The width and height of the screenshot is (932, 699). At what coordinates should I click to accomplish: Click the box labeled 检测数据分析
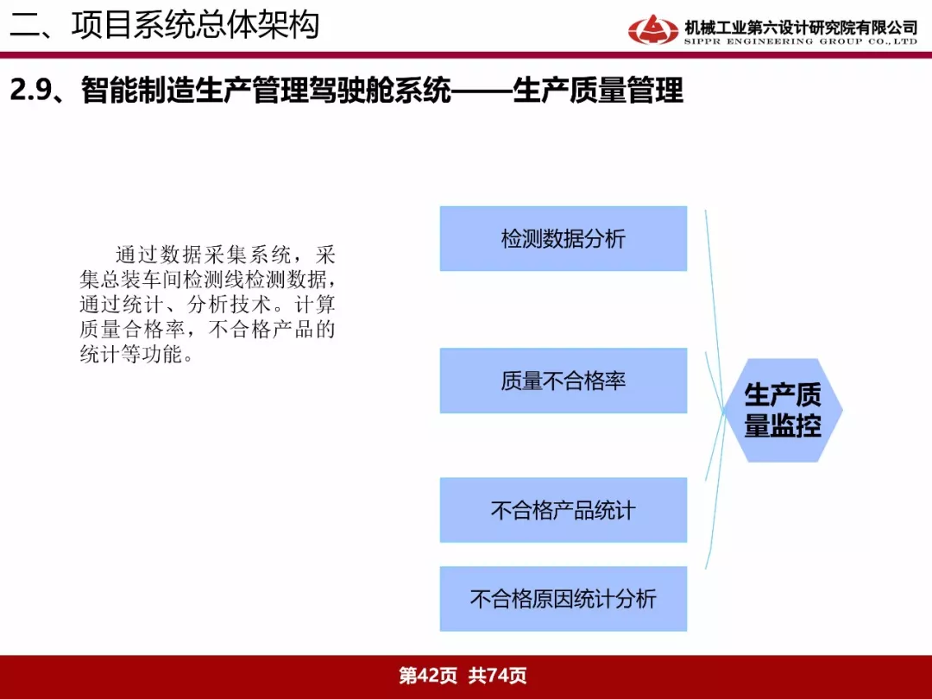pos(564,239)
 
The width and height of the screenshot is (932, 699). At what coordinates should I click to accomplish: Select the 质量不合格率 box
pos(564,381)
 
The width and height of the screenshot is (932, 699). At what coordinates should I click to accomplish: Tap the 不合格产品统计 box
pos(564,510)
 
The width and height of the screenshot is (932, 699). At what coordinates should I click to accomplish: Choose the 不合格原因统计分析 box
pos(564,599)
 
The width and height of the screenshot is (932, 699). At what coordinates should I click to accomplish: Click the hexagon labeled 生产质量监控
pos(783,410)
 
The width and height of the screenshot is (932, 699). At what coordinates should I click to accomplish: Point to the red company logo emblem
pos(652,29)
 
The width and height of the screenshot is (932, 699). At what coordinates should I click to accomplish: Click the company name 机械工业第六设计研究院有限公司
pos(801,27)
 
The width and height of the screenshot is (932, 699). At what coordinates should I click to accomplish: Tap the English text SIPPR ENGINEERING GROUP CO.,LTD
pos(801,41)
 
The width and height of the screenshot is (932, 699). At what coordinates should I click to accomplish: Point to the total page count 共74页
pos(498,676)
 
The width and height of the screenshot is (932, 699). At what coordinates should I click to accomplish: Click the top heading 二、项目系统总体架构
pos(165,25)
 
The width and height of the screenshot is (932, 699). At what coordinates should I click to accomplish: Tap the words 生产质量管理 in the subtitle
pos(598,91)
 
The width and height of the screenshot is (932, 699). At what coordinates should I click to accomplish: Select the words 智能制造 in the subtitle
pos(137,91)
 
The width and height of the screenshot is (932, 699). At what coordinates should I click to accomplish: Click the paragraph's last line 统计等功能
pos(131,355)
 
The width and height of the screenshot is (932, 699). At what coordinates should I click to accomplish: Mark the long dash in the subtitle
pos(482,91)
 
